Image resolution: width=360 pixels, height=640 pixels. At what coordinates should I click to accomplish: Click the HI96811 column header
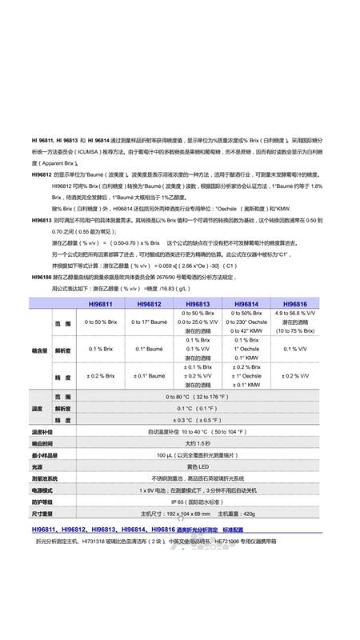click(100, 304)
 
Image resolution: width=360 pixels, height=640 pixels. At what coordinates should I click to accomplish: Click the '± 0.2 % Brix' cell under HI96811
click(100, 375)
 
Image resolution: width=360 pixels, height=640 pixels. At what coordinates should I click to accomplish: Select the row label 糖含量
click(39, 349)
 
